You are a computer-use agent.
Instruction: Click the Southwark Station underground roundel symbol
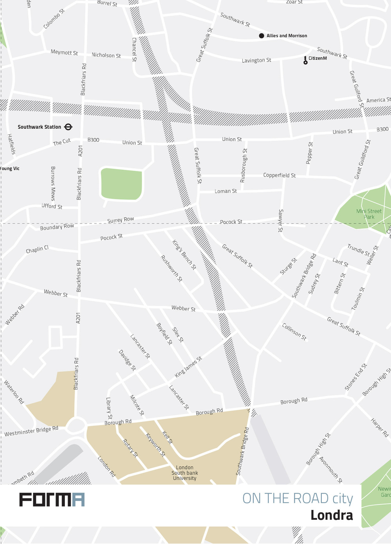click(x=68, y=127)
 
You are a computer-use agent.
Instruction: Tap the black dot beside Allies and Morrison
click(x=262, y=36)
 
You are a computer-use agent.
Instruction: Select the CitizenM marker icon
click(x=305, y=60)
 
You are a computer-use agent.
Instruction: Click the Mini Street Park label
click(x=369, y=214)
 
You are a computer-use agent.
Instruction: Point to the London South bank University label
click(x=185, y=473)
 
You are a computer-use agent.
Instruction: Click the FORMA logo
click(x=52, y=500)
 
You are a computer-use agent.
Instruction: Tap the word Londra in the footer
click(x=332, y=515)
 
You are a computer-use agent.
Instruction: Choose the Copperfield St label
click(x=279, y=175)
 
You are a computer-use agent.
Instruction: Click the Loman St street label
click(x=226, y=191)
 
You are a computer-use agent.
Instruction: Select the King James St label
click(x=188, y=367)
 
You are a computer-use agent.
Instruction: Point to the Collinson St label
click(x=294, y=331)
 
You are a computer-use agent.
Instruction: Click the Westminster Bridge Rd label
click(x=31, y=431)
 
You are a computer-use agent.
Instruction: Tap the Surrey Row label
click(x=120, y=220)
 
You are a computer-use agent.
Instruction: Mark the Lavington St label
click(x=256, y=60)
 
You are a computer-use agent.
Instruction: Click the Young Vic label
click(x=9, y=169)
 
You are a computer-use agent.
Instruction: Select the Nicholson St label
click(x=106, y=55)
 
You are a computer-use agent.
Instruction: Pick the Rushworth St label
click(x=172, y=268)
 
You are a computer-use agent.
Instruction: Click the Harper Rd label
click(x=379, y=427)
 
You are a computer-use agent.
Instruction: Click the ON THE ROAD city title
click(x=298, y=499)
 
